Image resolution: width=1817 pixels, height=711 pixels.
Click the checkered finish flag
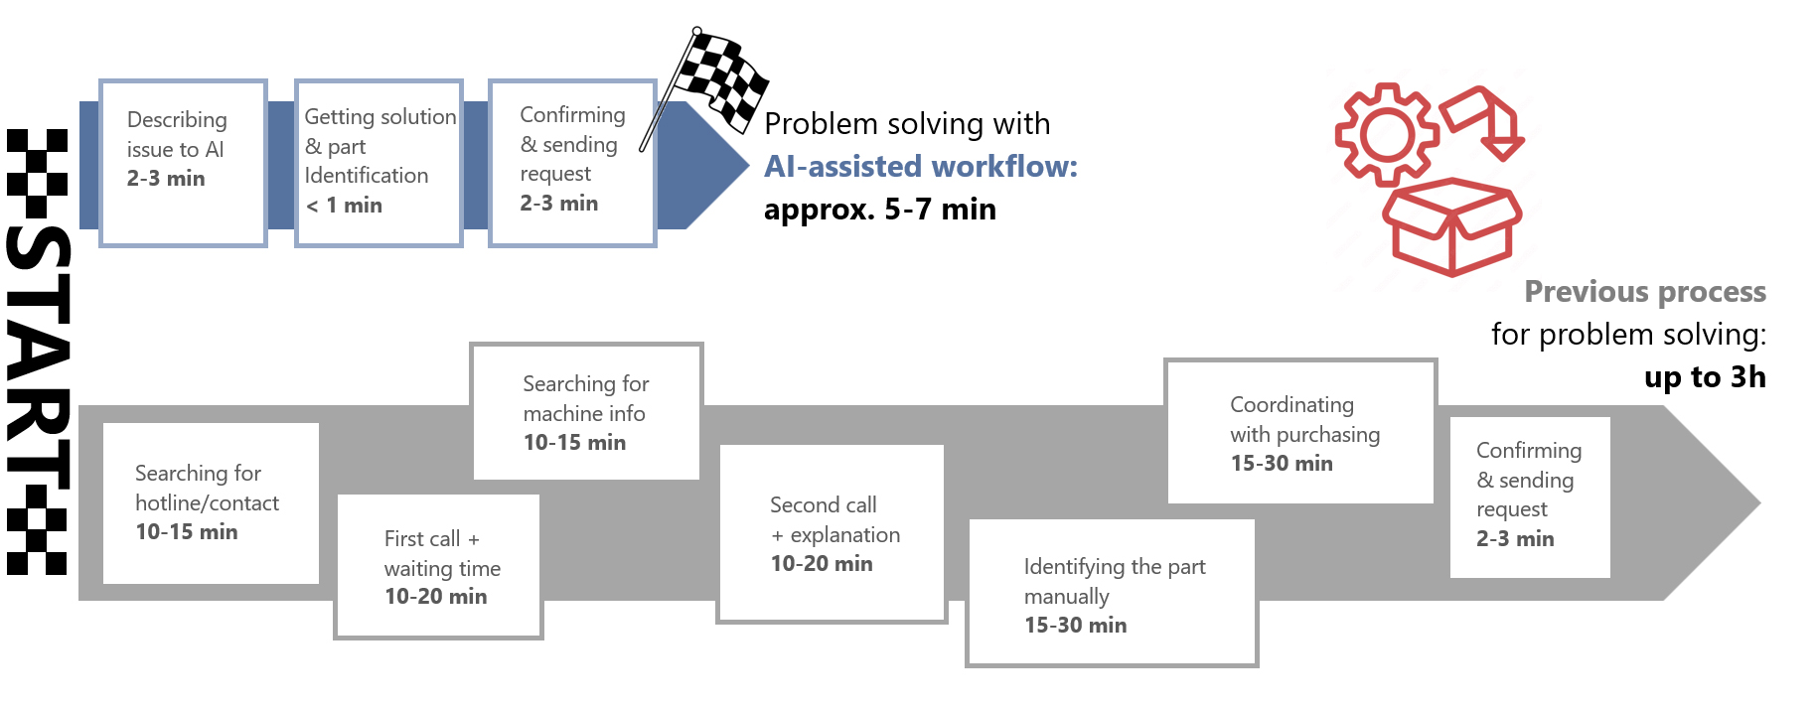(720, 79)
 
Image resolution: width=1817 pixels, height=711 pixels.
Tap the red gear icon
(1386, 134)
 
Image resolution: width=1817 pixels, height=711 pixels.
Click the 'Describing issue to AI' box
(184, 163)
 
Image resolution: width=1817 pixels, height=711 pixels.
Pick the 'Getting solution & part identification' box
(379, 163)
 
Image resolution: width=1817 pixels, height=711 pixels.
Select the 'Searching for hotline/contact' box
(211, 503)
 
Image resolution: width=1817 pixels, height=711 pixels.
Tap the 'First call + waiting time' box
(438, 566)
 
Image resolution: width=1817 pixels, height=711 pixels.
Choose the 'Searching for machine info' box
(586, 412)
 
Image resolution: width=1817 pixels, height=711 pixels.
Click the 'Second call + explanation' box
(832, 534)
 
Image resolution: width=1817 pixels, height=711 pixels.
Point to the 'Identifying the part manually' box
(1112, 594)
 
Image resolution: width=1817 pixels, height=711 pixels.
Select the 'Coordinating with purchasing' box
(1300, 432)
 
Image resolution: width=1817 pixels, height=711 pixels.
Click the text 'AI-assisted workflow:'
(920, 166)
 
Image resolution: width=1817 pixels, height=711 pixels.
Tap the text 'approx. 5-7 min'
(879, 210)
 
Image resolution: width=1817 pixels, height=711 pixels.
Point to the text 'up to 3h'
(1704, 377)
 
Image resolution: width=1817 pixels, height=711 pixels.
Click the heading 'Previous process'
(1644, 292)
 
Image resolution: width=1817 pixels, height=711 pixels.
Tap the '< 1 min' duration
(344, 206)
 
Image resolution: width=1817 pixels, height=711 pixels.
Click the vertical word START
(38, 353)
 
